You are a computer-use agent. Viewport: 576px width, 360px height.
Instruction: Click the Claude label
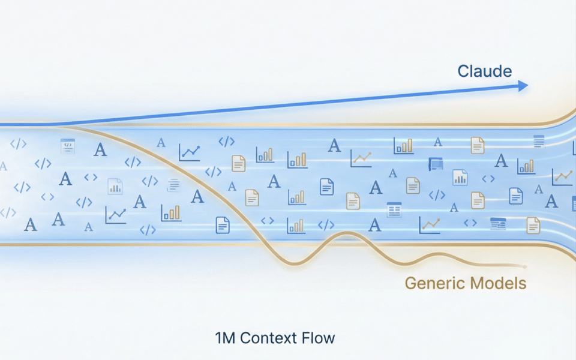pyautogui.click(x=485, y=71)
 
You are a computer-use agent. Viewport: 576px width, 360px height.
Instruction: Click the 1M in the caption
pyautogui.click(x=226, y=338)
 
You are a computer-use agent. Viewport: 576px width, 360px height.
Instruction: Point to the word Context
pyautogui.click(x=267, y=338)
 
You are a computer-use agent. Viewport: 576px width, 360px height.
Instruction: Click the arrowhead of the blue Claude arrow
pyautogui.click(x=523, y=86)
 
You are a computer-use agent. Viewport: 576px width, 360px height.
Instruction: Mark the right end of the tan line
pyautogui.click(x=526, y=266)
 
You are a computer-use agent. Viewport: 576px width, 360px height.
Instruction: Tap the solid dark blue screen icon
pyautogui.click(x=436, y=164)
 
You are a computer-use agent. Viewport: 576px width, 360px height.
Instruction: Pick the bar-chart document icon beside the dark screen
pyautogui.click(x=460, y=176)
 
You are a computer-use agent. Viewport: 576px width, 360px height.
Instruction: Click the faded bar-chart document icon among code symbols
pyautogui.click(x=115, y=187)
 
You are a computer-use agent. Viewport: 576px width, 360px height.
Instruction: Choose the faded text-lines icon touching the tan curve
pyautogui.click(x=173, y=185)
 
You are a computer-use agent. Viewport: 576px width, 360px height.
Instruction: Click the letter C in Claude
pyautogui.click(x=464, y=71)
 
